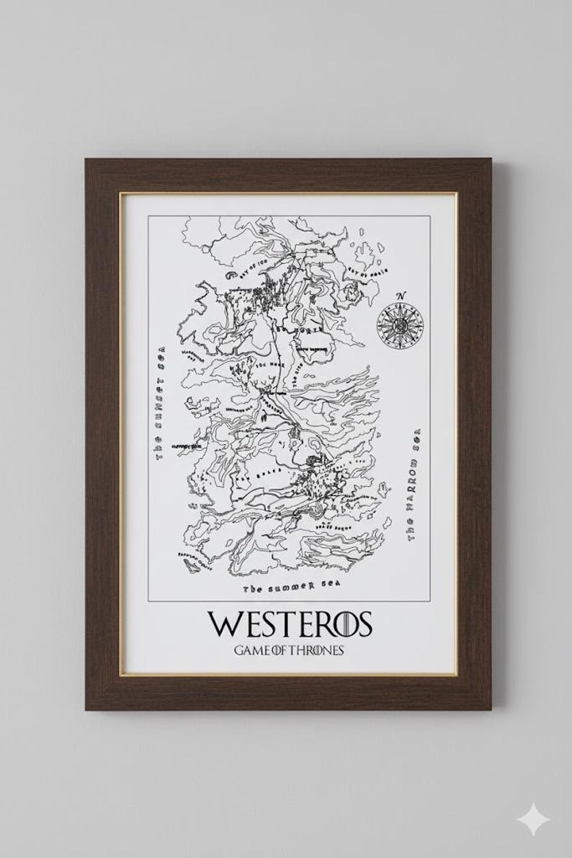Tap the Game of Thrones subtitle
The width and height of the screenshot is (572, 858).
pyautogui.click(x=288, y=650)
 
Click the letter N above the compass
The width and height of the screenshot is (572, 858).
pyautogui.click(x=401, y=295)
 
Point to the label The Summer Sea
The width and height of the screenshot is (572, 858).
pyautogui.click(x=290, y=587)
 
